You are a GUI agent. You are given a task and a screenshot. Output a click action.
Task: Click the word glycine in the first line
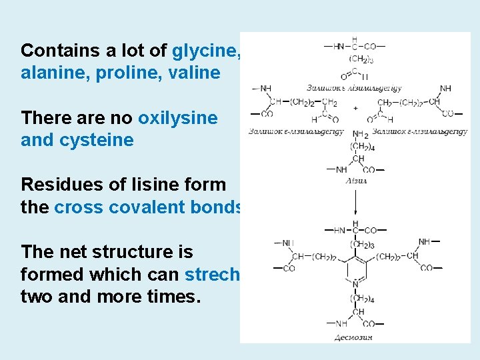click(x=203, y=51)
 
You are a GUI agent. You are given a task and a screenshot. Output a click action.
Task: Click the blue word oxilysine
click(x=177, y=118)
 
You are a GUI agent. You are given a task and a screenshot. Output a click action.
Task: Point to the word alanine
click(x=53, y=73)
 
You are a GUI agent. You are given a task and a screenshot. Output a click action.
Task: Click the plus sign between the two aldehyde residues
click(x=355, y=107)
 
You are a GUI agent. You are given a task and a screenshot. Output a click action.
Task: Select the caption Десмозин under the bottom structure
click(x=353, y=337)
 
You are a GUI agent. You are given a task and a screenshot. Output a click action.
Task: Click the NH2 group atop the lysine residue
click(x=360, y=135)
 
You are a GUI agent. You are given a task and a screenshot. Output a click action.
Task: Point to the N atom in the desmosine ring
click(x=355, y=284)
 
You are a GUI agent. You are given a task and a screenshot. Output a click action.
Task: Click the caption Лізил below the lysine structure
click(x=355, y=181)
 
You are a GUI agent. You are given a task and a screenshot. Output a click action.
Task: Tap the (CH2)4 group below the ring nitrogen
click(x=362, y=299)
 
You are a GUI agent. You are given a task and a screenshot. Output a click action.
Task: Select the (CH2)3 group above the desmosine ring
click(x=362, y=244)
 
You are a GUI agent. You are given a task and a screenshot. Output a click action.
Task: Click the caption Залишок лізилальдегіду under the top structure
click(x=354, y=87)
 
